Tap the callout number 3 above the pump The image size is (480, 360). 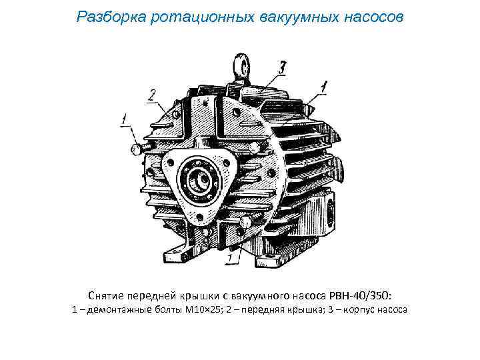coord(283,67)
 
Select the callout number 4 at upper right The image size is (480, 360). coord(324,86)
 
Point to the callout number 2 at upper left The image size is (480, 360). coord(152,94)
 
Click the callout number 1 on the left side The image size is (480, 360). coord(124,120)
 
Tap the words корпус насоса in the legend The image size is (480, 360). coord(376,310)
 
